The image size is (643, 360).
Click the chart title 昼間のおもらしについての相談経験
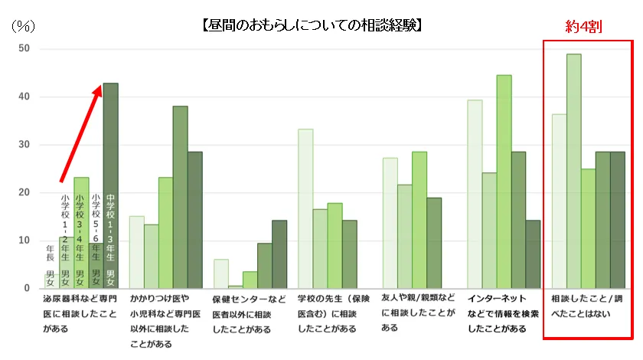point(312,25)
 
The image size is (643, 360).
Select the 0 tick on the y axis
point(27,288)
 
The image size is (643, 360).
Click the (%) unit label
point(23,25)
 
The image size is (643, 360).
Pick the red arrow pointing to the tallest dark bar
point(81,134)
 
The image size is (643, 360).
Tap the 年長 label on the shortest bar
point(51,253)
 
